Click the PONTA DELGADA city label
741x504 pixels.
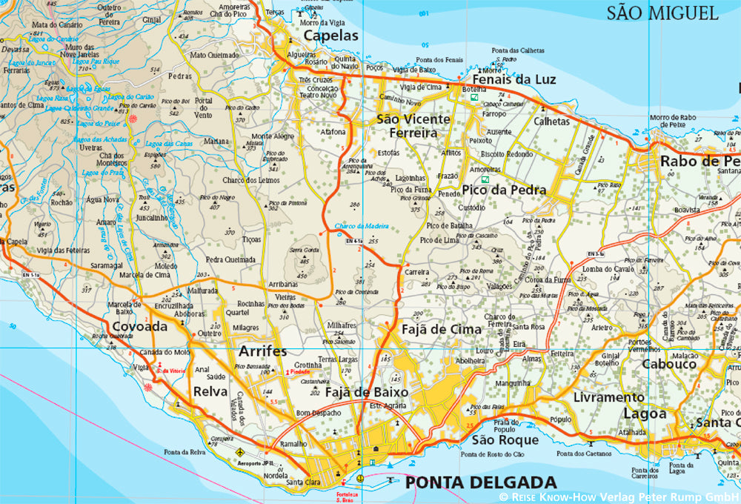480,483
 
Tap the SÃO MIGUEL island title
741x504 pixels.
662,13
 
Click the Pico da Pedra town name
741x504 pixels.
504,190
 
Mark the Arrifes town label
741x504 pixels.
262,351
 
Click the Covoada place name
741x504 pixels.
141,327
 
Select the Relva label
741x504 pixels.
210,391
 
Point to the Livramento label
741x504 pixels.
609,397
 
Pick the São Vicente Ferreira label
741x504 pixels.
413,126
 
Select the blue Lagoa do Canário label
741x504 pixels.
56,39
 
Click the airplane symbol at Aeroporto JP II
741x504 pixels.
239,451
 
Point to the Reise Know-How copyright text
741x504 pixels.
619,497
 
